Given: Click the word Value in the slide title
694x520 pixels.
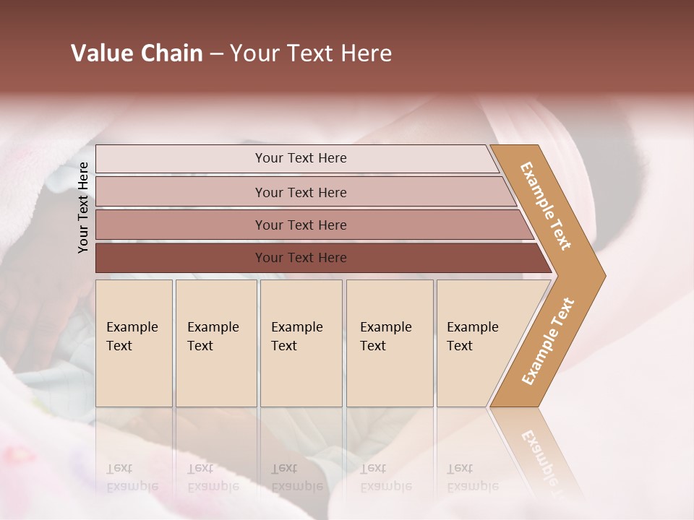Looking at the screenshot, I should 101,53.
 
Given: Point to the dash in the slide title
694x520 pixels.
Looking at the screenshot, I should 215,54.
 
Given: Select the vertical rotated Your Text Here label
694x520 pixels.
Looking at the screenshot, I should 83,208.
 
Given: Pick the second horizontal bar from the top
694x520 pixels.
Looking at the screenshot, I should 301,192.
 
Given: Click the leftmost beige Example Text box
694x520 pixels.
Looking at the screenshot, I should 134,343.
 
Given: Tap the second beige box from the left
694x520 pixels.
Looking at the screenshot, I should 216,343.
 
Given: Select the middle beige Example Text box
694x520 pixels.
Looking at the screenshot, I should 301,343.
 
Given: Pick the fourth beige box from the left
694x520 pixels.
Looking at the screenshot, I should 390,343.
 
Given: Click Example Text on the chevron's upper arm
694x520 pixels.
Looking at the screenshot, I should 546,206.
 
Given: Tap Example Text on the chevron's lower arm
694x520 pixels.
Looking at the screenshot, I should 548,342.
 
